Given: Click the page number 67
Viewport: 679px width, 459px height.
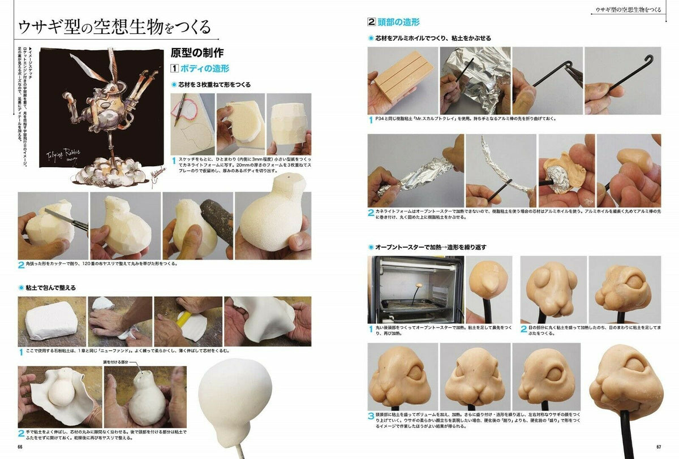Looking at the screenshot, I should (x=659, y=447).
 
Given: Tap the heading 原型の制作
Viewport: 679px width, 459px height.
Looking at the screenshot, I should (x=197, y=53).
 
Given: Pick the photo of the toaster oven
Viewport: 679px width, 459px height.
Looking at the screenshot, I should (x=415, y=290).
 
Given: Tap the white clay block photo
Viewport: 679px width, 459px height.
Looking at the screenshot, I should (x=51, y=321).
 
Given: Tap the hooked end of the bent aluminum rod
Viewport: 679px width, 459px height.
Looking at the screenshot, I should (x=651, y=59).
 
